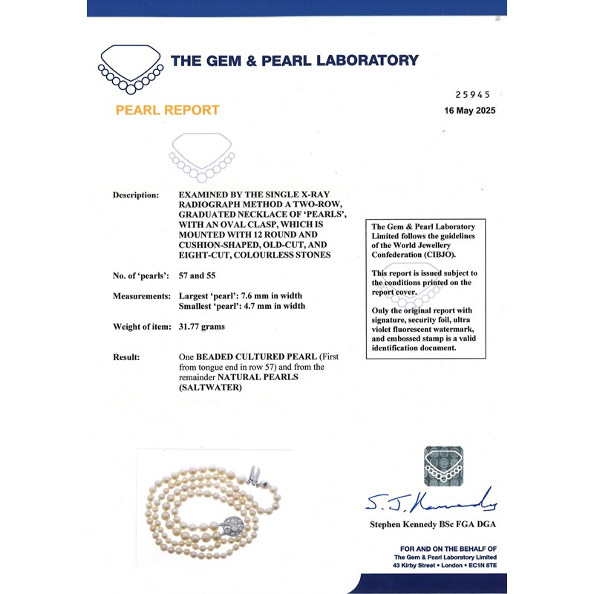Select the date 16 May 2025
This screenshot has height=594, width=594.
point(469,111)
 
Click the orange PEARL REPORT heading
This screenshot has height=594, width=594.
point(167,111)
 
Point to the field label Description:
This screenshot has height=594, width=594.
point(135,195)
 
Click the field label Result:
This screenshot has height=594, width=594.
point(126,357)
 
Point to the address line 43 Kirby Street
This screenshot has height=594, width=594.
point(443,566)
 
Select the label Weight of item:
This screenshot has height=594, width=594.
point(140,327)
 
